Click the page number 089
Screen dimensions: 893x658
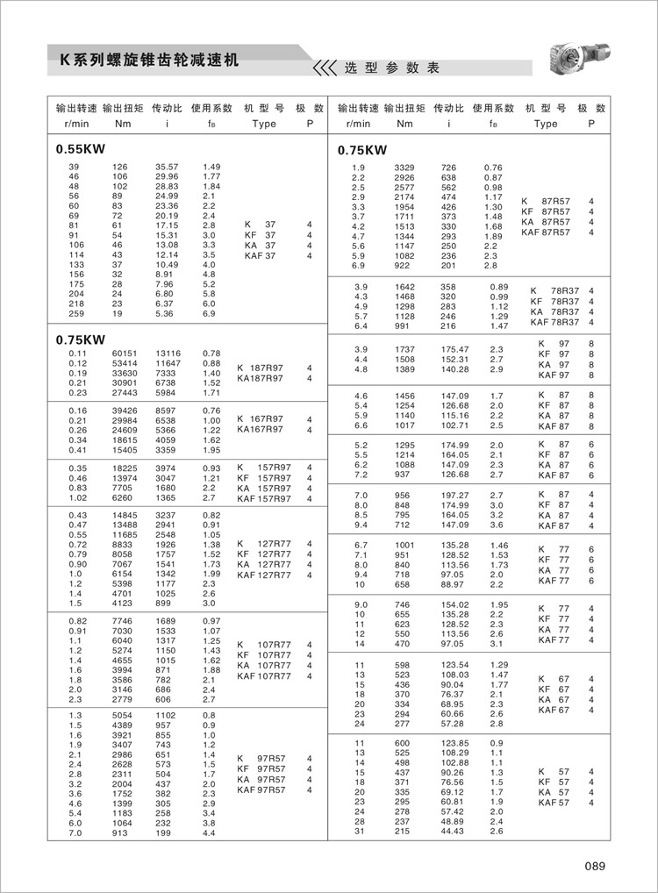[x=595, y=867]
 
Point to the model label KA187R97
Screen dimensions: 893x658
[x=260, y=378]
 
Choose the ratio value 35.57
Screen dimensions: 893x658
[x=167, y=167]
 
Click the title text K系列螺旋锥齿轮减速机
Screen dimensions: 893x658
[x=148, y=62]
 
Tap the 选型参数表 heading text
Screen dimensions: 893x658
[x=390, y=68]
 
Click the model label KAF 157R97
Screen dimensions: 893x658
[x=266, y=498]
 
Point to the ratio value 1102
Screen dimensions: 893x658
[x=166, y=715]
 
